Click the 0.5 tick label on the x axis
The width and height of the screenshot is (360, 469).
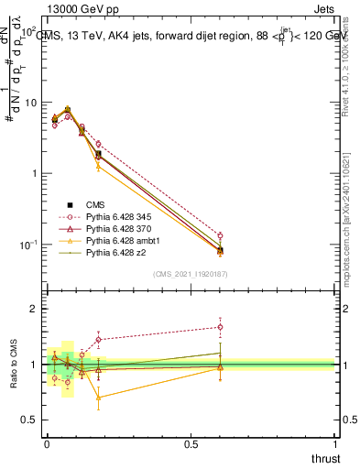coord(191,442)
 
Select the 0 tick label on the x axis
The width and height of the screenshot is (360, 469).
coord(47,442)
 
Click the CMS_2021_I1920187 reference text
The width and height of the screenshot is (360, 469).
coord(190,274)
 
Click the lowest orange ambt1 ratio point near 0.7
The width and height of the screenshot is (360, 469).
coord(99,398)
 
